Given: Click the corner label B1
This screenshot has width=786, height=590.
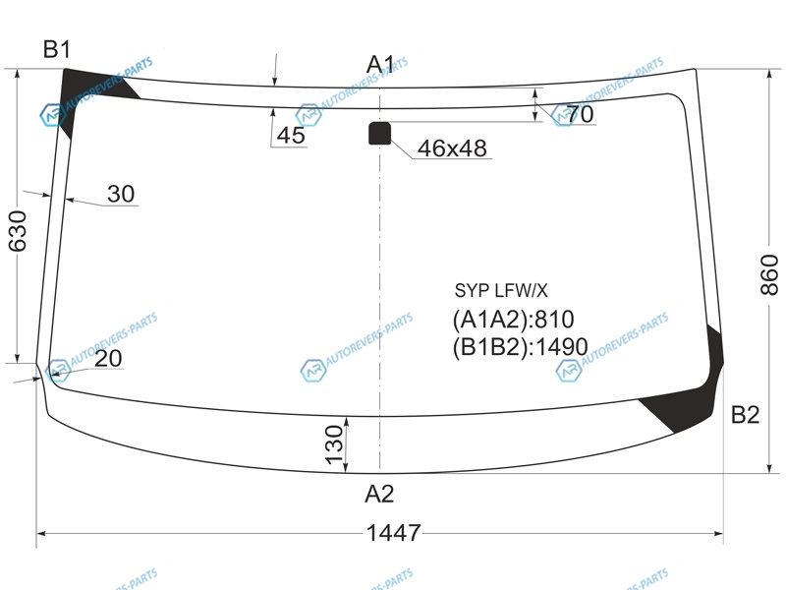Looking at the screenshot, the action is tap(57, 49).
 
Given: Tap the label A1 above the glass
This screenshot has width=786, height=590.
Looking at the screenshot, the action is tap(380, 64).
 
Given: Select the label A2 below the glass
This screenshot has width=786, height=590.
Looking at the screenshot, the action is tap(379, 494).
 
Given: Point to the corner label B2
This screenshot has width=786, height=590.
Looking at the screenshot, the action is tap(745, 415).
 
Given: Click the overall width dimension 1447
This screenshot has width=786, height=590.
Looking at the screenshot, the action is tap(394, 533).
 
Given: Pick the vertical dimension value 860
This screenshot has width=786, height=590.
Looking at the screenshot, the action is tap(769, 274).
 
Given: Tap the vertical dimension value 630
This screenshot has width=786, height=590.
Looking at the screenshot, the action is tap(17, 231).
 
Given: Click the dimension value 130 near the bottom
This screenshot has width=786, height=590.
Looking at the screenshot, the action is tap(334, 445).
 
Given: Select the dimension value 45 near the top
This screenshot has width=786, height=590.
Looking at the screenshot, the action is tap(291, 136).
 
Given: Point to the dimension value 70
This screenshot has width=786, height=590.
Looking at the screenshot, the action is tap(581, 114).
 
